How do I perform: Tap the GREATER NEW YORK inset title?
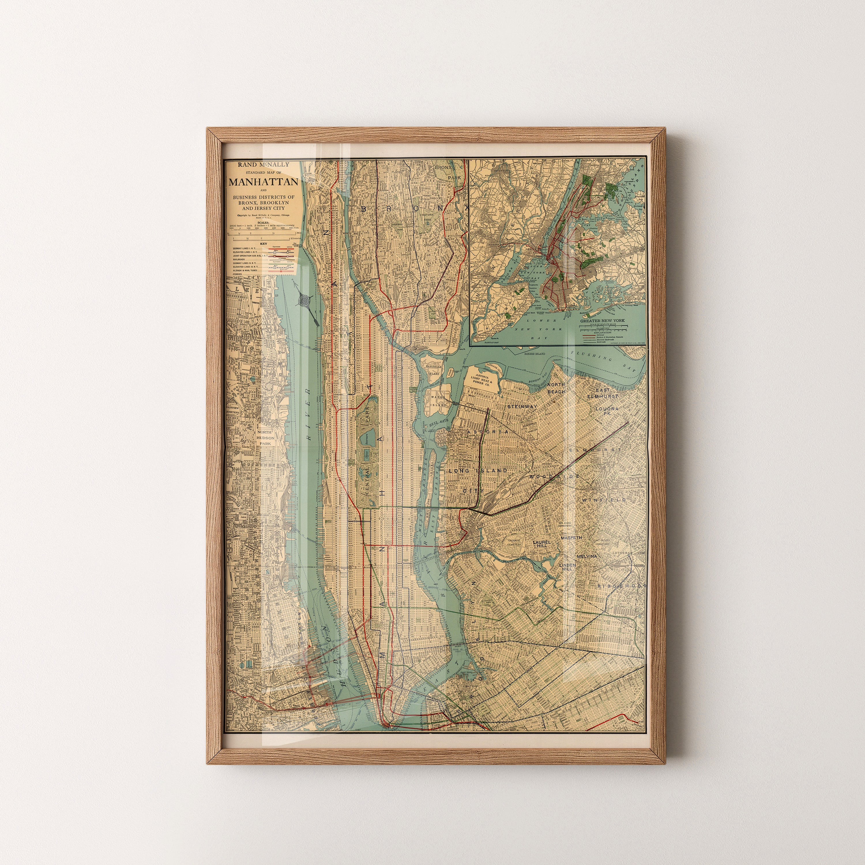coord(602,321)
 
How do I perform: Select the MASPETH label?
coord(571,537)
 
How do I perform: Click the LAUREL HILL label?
coord(540,544)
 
